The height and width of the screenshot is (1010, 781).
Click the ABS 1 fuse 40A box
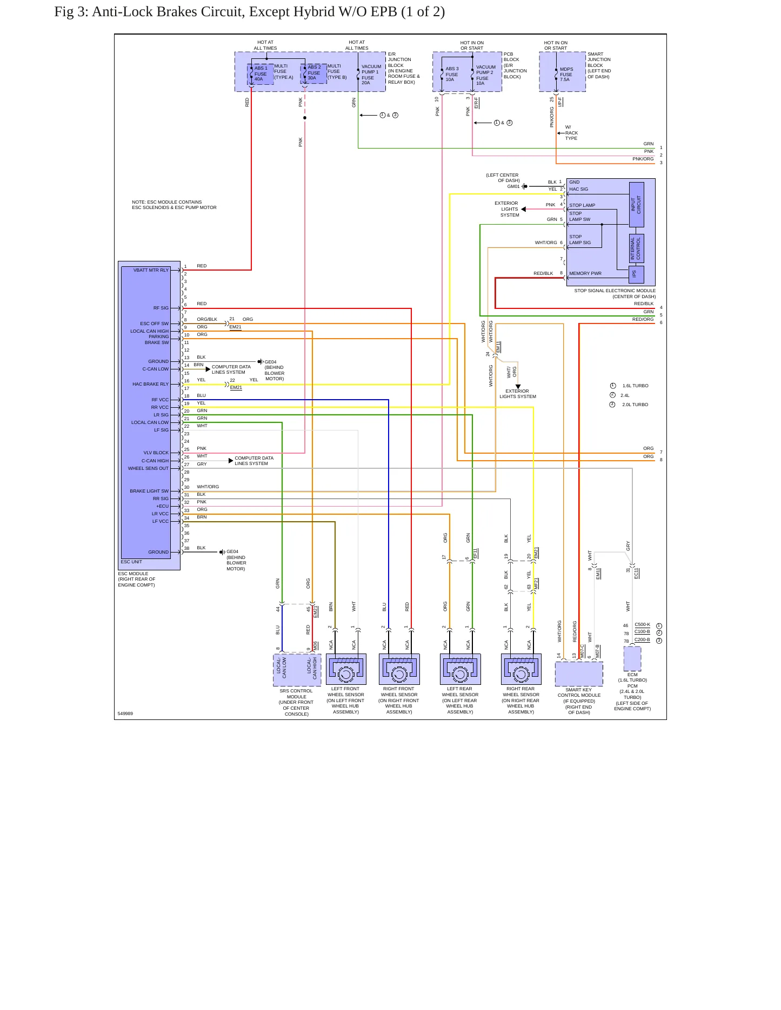click(261, 74)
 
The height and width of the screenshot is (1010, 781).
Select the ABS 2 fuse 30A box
click(313, 73)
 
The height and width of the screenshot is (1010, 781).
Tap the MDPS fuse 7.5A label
click(566, 75)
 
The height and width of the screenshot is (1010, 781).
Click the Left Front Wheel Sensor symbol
click(346, 669)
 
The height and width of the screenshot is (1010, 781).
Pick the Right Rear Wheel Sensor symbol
click(521, 669)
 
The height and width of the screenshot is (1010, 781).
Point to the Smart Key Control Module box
click(579, 674)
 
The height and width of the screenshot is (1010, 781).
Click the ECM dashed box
click(632, 658)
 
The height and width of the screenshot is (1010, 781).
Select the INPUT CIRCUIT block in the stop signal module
click(636, 204)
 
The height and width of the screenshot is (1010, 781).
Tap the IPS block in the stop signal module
click(636, 274)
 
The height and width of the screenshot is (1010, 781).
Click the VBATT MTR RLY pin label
click(151, 270)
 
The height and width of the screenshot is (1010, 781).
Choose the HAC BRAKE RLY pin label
click(150, 384)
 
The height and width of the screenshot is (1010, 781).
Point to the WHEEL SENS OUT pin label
click(148, 468)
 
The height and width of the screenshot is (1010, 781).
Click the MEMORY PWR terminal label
click(585, 273)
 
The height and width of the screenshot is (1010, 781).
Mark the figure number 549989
click(125, 713)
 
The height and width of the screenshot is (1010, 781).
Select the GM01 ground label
click(513, 186)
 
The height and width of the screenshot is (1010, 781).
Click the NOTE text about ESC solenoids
click(174, 205)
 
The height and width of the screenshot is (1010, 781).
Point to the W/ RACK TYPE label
click(571, 133)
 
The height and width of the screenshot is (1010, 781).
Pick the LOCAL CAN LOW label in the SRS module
click(281, 668)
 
